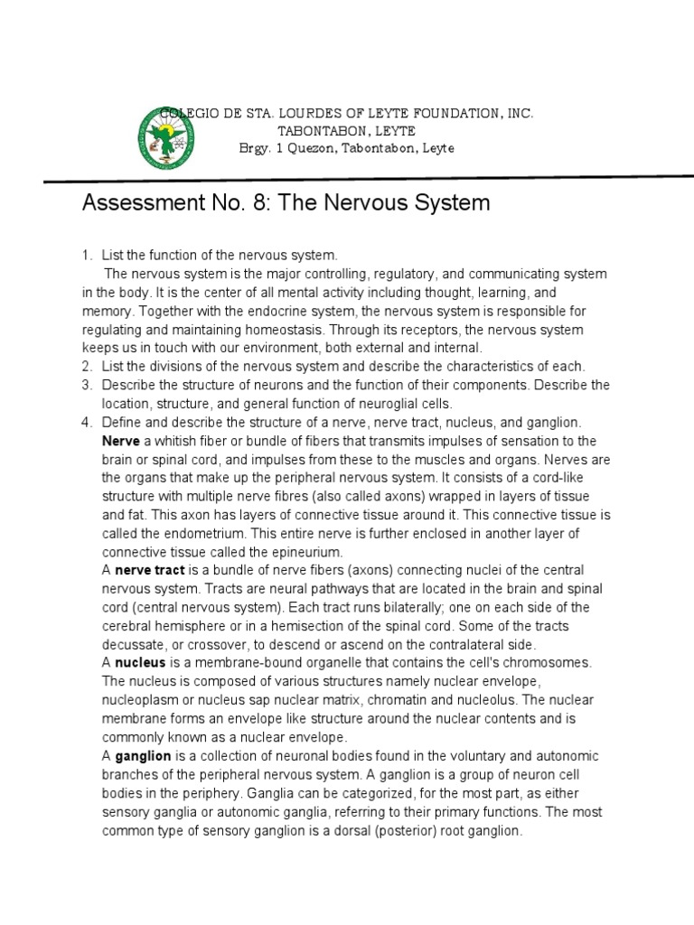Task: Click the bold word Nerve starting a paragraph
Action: (120, 441)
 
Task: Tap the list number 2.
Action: (87, 367)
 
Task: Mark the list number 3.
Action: (87, 385)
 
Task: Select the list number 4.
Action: (87, 422)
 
